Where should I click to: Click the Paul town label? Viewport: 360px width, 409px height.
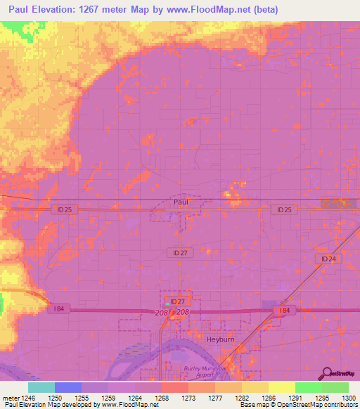(180, 201)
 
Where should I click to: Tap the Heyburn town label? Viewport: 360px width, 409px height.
(221, 339)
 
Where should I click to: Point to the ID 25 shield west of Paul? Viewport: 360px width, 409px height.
(63, 209)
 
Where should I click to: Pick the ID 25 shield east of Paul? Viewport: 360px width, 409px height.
(283, 209)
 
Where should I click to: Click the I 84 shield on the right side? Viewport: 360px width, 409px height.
(283, 310)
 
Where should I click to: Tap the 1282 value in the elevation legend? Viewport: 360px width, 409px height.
(242, 397)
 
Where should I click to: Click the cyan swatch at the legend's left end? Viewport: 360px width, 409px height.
(41, 387)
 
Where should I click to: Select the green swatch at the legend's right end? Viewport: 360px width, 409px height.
(335, 387)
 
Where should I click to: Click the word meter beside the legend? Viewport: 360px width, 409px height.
(9, 397)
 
